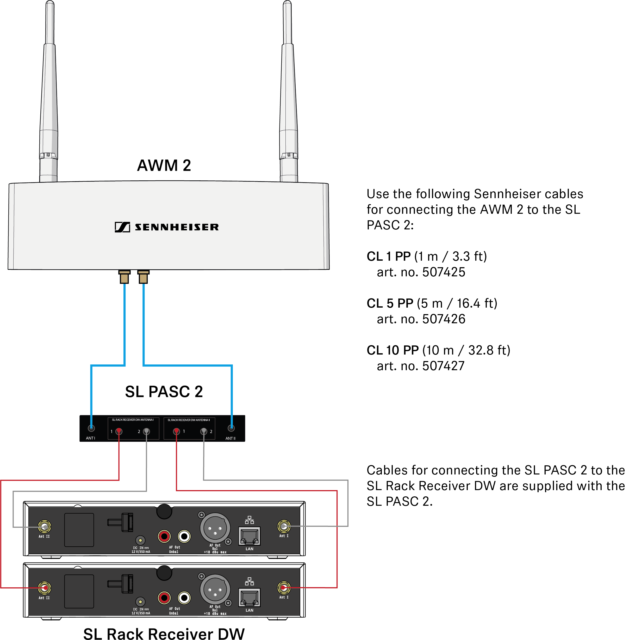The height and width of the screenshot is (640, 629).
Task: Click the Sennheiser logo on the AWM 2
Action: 166,227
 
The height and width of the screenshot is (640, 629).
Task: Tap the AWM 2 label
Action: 164,165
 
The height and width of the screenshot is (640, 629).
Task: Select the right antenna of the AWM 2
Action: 288,91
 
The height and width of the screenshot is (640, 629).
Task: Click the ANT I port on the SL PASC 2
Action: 91,428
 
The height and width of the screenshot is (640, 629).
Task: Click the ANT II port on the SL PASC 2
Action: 231,428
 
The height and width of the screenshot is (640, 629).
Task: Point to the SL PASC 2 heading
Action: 164,392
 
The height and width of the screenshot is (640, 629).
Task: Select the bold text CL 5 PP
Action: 390,303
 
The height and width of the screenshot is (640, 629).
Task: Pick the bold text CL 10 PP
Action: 393,350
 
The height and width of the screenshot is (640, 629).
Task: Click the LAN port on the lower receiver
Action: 250,597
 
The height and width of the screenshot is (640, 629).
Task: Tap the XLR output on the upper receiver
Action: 215,528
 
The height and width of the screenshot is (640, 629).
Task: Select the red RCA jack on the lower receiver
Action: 164,598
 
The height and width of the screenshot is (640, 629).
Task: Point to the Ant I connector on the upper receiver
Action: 284,526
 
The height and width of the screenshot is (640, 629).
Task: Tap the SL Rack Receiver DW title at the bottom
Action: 164,634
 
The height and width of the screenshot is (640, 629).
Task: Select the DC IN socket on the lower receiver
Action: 140,602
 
